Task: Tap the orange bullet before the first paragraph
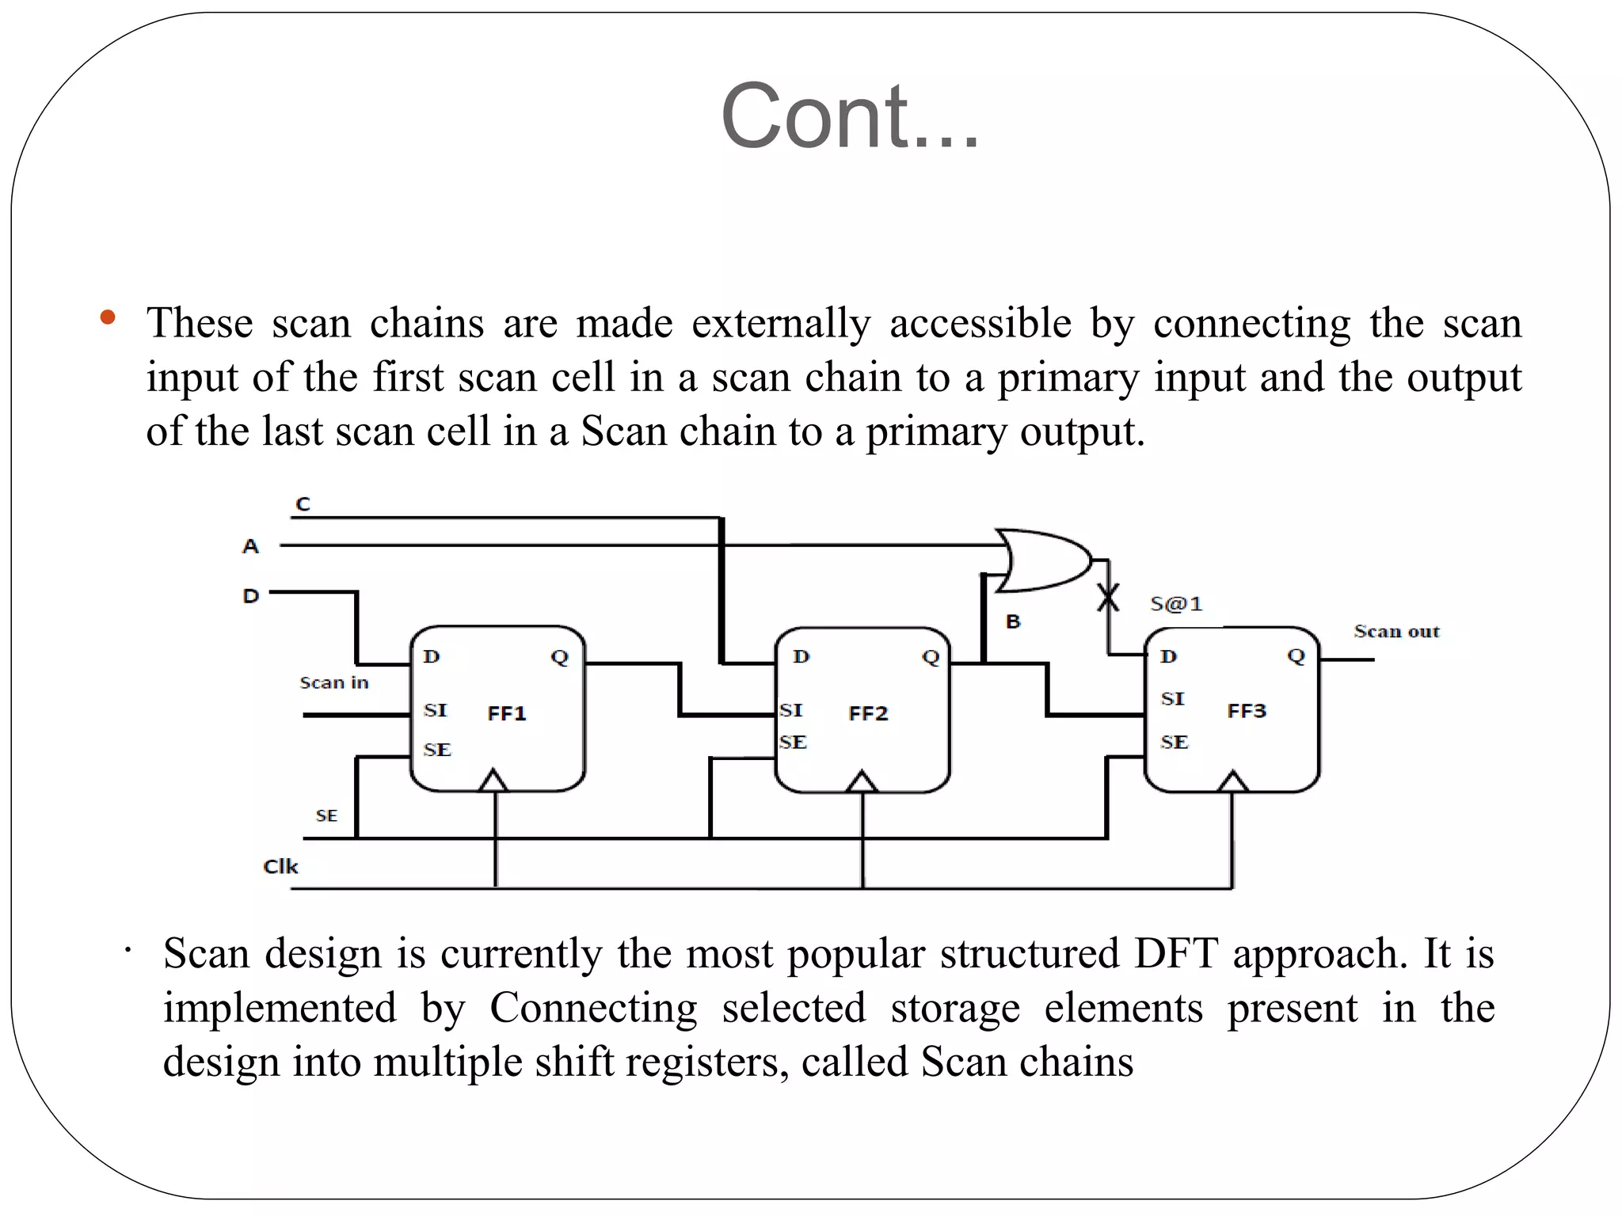coord(109,318)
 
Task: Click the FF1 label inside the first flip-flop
coord(507,713)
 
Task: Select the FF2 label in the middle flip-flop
coord(868,713)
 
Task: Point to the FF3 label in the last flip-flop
coord(1247,711)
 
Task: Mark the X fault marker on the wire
coord(1108,598)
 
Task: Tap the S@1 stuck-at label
coord(1176,604)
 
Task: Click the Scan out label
coord(1396,632)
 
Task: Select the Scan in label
coord(334,682)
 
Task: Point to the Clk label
coord(280,867)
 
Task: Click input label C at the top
coord(303,504)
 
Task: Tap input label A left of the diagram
coord(250,546)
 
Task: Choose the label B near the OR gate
coord(1013,621)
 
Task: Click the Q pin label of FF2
coord(931,656)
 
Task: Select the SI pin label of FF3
coord(1173,698)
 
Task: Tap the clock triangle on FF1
coord(493,781)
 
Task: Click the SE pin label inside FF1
coord(437,750)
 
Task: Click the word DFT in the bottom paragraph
coord(1175,953)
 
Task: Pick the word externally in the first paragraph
coord(781,323)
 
